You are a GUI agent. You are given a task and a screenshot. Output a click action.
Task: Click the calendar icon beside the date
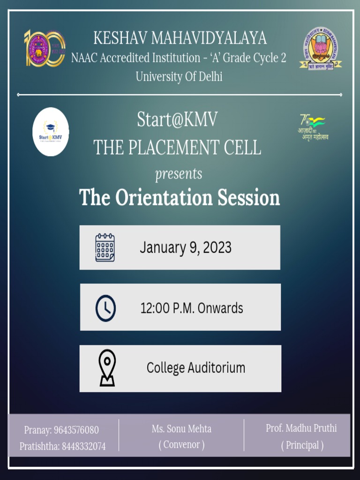click(105, 247)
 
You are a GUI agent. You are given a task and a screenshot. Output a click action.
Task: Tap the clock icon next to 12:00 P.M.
click(105, 308)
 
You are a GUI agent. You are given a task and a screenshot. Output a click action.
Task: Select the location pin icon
click(107, 368)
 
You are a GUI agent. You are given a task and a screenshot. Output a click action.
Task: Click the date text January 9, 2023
click(185, 247)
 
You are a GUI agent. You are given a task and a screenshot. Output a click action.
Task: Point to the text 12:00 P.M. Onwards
click(192, 308)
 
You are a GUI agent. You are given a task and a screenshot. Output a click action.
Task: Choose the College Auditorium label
click(196, 368)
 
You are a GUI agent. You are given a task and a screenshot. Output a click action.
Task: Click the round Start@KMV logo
click(51, 132)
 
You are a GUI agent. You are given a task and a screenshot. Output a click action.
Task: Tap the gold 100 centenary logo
click(45, 48)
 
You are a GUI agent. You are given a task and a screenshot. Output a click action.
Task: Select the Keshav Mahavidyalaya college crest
click(321, 48)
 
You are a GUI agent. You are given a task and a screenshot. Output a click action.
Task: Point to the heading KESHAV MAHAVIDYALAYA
click(180, 38)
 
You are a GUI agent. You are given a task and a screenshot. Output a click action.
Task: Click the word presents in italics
click(179, 174)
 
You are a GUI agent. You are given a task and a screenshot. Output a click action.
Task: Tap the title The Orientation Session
click(180, 197)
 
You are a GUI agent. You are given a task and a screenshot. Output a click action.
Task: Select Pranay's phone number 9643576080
click(76, 430)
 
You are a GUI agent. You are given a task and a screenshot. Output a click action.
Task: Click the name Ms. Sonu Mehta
click(181, 428)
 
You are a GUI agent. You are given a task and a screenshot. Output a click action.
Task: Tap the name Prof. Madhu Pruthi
click(301, 428)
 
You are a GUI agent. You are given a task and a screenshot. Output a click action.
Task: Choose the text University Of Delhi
click(179, 76)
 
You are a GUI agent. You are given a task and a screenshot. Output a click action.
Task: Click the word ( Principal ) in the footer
click(302, 445)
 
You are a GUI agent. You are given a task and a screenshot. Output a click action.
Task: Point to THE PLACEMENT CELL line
click(177, 148)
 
